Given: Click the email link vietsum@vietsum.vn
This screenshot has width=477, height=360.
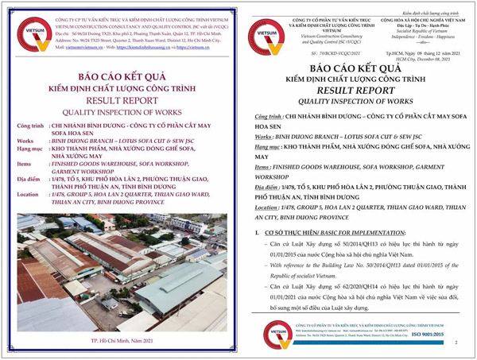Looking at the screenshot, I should point(83,47).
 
